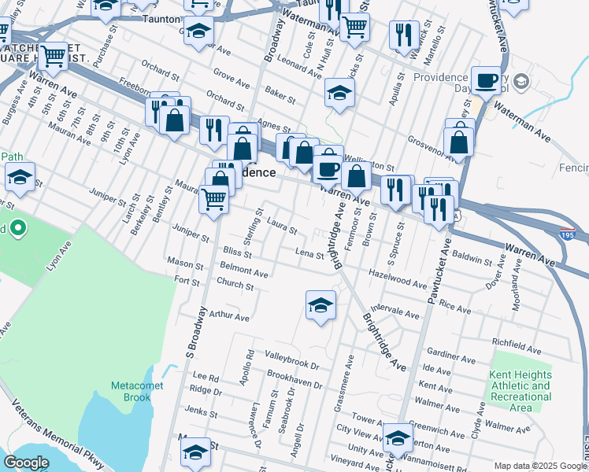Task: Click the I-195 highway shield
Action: click(567, 234)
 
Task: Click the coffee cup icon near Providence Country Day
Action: click(486, 80)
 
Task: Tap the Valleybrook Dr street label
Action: click(291, 365)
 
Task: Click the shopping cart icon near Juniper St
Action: click(213, 199)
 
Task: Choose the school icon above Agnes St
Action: click(339, 94)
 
